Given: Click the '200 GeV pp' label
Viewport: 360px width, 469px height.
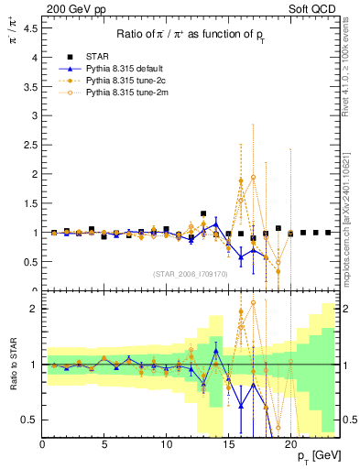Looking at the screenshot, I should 71,10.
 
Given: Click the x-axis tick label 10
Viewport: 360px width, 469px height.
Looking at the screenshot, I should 167,444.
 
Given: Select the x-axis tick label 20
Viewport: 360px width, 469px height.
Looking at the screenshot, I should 290,444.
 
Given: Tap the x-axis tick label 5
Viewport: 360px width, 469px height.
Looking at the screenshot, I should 104,444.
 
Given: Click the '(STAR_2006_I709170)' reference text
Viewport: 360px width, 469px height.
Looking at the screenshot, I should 191,274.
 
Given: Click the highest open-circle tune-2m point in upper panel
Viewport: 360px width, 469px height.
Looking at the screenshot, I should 253,177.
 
